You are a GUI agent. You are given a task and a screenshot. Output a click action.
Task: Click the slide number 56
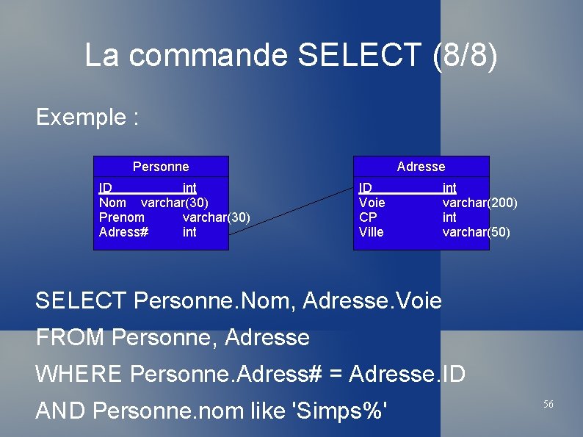548,405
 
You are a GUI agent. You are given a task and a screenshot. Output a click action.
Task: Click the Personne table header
161,167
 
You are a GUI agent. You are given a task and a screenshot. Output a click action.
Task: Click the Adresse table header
421,167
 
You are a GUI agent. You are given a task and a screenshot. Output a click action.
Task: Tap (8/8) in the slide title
465,56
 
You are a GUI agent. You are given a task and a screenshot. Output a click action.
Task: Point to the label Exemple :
87,118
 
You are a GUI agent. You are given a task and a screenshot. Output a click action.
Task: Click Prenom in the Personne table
122,217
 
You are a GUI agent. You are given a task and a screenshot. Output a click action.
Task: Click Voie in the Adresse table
372,203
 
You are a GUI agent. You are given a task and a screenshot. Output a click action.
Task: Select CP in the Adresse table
368,217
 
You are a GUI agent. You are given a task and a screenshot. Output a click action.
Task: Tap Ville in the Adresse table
372,232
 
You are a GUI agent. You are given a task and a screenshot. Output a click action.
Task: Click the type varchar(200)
479,203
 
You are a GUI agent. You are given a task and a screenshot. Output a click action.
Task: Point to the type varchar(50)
476,232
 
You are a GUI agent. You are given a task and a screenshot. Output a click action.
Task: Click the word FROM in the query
70,338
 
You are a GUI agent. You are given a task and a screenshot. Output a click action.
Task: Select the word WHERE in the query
79,374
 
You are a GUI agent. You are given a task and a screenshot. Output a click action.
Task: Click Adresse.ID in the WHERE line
407,374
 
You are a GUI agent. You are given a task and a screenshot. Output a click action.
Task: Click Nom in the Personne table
113,203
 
